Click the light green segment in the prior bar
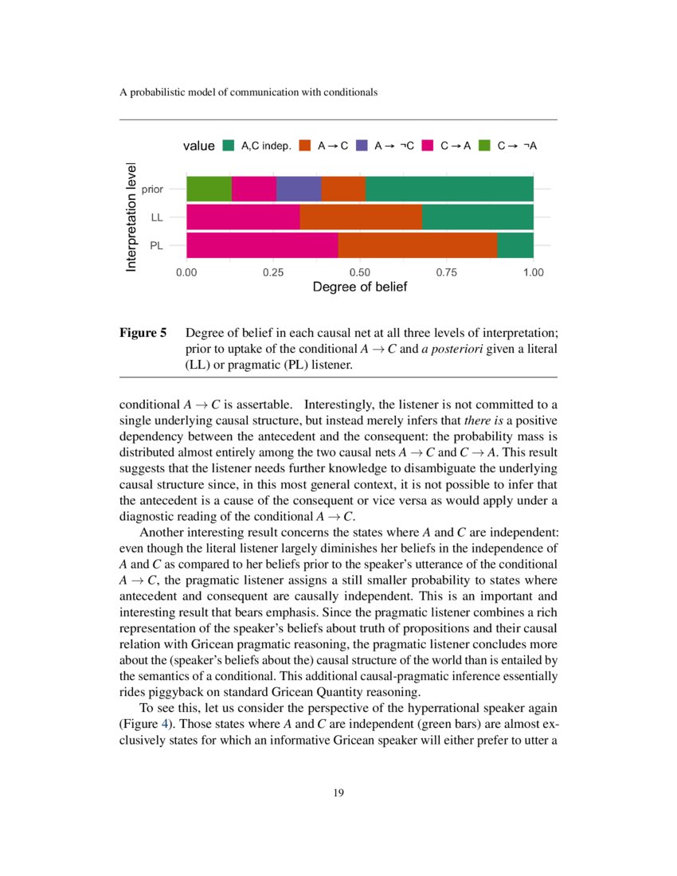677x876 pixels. pyautogui.click(x=209, y=190)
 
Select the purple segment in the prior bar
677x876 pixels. pyautogui.click(x=298, y=190)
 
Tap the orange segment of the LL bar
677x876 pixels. pyautogui.click(x=360, y=217)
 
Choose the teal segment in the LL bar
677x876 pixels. pyautogui.click(x=477, y=217)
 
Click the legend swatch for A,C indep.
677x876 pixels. pyautogui.click(x=229, y=146)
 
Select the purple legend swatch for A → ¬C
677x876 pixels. pyautogui.click(x=362, y=146)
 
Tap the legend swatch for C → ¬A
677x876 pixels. pyautogui.click(x=485, y=146)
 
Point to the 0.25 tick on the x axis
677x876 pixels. pyautogui.click(x=273, y=272)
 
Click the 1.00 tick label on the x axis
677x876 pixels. pyautogui.click(x=533, y=272)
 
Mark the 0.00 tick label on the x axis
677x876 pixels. pyautogui.click(x=186, y=272)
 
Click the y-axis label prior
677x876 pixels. pyautogui.click(x=152, y=190)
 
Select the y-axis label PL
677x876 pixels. pyautogui.click(x=157, y=246)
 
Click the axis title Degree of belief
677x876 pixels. pyautogui.click(x=359, y=287)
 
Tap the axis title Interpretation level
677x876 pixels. pyautogui.click(x=131, y=217)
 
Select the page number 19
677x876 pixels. pyautogui.click(x=338, y=792)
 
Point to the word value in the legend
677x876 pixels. pyautogui.click(x=198, y=146)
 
